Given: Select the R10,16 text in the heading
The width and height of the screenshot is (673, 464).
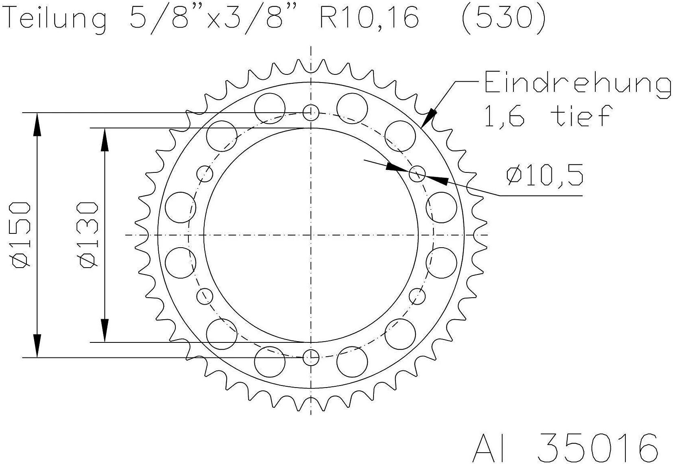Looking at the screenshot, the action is pyautogui.click(x=369, y=17).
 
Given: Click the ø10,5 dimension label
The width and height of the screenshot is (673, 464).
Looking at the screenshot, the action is pyautogui.click(x=545, y=175).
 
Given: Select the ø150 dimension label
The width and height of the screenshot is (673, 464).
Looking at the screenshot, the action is pyautogui.click(x=21, y=235).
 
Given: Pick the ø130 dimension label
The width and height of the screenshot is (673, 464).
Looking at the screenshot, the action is pyautogui.click(x=89, y=235).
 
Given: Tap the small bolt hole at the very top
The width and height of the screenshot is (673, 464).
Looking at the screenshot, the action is pyautogui.click(x=310, y=113).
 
